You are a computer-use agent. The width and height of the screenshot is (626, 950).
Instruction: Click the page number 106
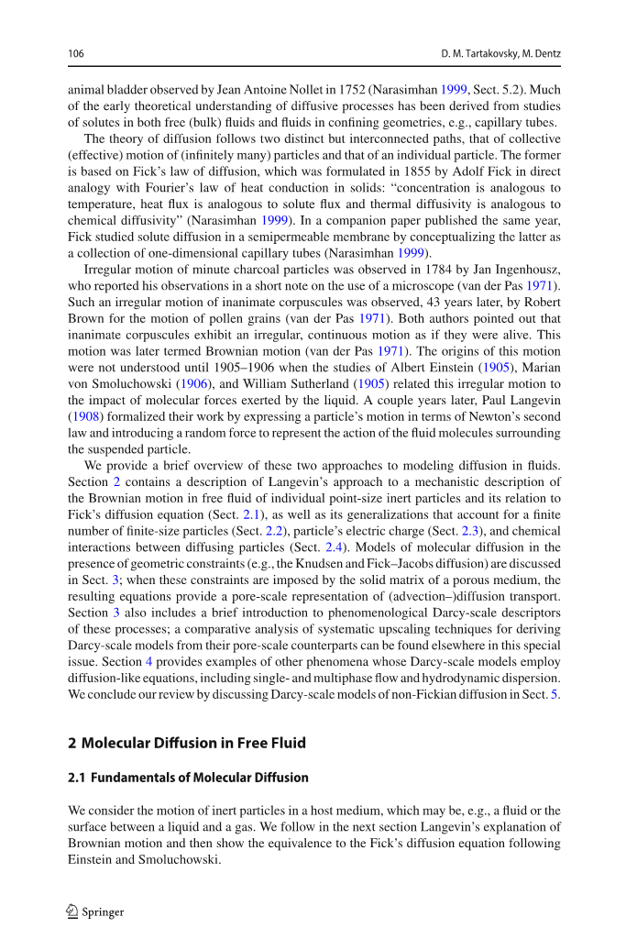coord(76,53)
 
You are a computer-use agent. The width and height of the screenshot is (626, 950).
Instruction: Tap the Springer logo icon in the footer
coord(73,911)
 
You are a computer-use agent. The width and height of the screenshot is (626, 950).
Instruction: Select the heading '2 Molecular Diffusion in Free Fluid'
coord(187,743)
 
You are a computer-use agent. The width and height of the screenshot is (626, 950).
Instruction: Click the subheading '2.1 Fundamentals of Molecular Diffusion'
coord(188,778)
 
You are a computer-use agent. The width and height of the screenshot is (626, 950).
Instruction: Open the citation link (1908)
coord(82,417)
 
